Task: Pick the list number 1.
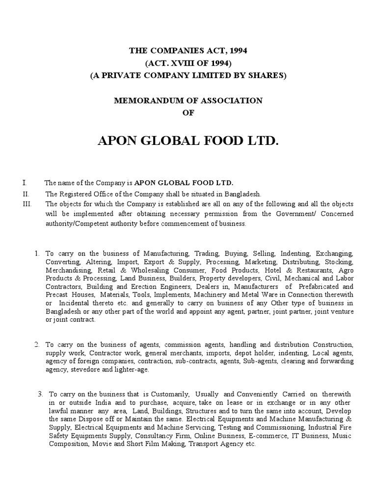click(37, 253)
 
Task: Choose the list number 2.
click(37, 344)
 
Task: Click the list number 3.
click(40, 394)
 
